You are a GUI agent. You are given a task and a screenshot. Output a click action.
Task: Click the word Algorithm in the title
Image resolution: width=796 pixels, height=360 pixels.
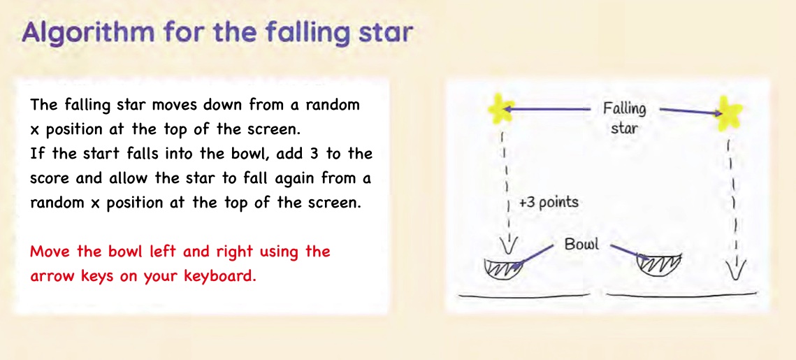pos(88,33)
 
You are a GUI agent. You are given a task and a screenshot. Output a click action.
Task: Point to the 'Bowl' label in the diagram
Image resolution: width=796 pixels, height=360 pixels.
pos(581,244)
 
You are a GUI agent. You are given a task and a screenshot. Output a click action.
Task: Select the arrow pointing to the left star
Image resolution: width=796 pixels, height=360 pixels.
pos(549,108)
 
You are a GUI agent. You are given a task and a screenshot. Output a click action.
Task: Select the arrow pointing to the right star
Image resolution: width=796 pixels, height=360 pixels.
pos(691,110)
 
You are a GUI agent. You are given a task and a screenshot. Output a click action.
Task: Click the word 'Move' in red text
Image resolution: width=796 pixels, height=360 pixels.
pos(48,252)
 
